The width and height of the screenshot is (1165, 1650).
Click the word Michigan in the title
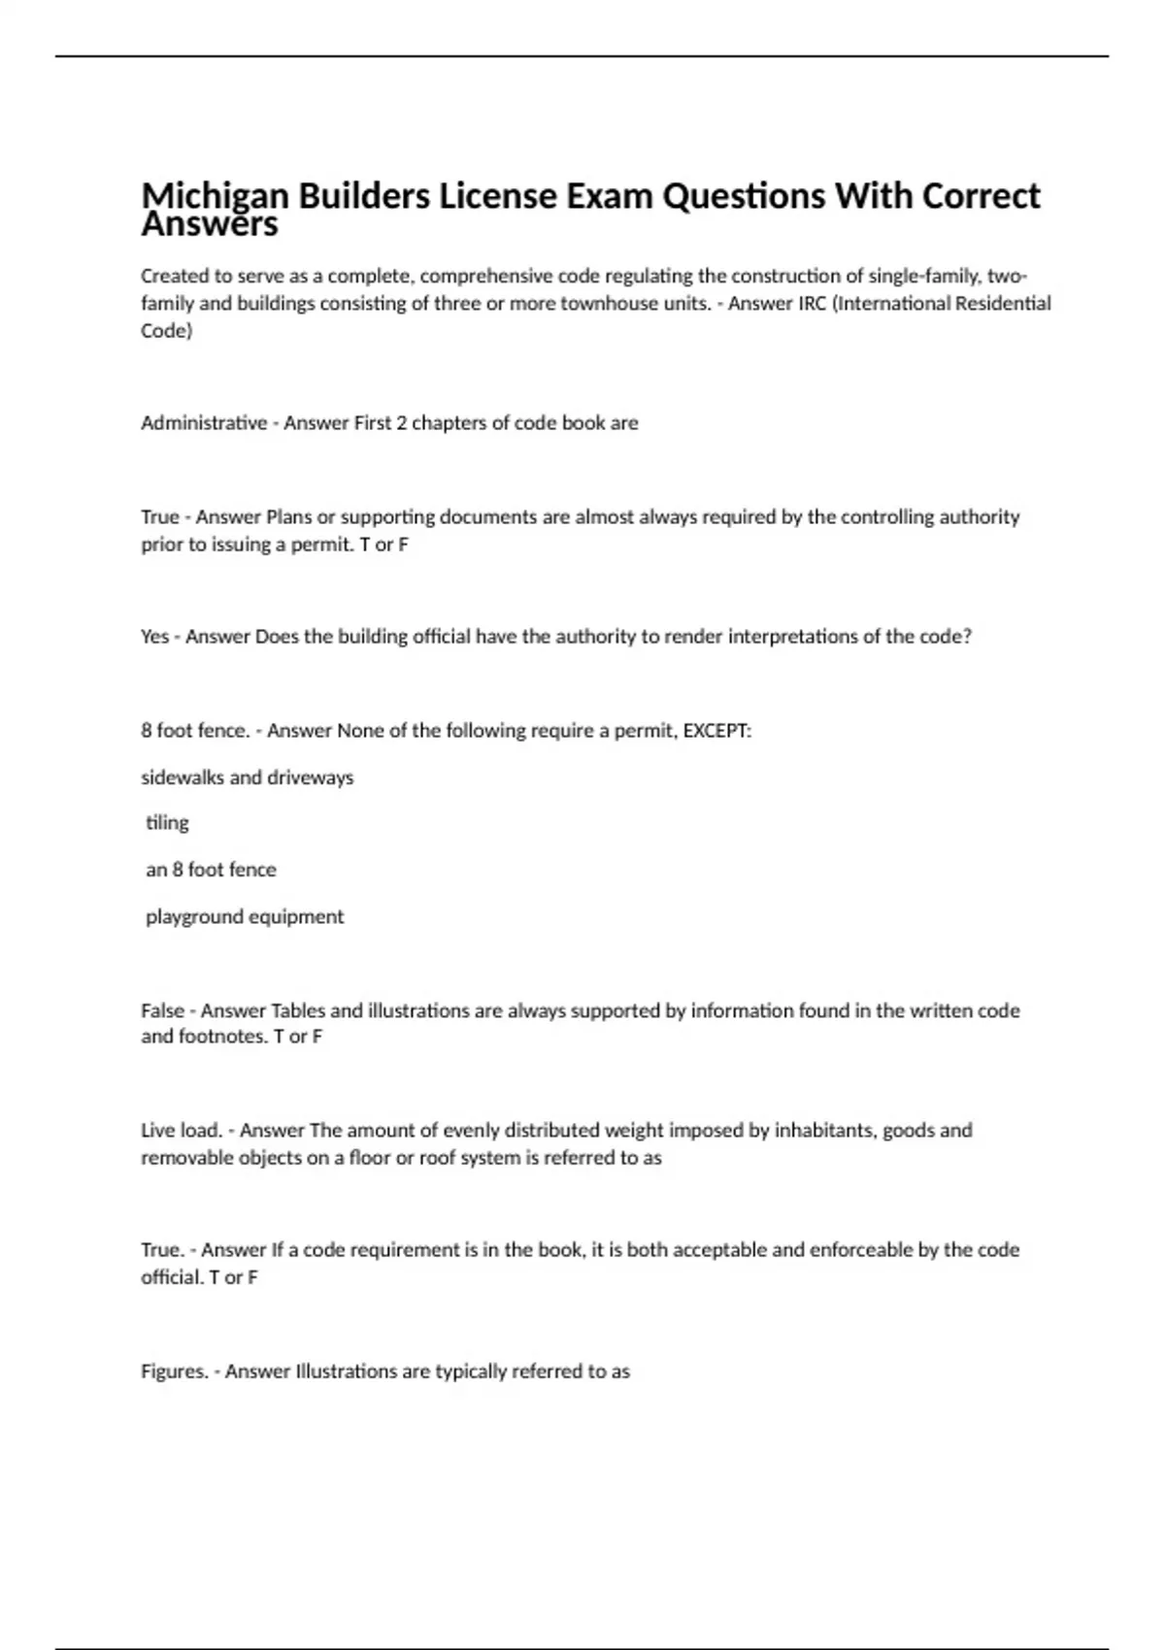[216, 197]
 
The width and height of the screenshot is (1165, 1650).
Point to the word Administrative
[204, 423]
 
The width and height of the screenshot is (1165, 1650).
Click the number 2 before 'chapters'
[400, 423]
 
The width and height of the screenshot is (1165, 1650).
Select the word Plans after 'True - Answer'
[288, 517]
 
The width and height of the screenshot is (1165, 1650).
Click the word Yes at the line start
[155, 637]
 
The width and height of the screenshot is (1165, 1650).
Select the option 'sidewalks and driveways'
[248, 777]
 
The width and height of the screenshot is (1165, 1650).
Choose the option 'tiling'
[167, 823]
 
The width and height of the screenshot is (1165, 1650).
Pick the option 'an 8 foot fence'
[211, 870]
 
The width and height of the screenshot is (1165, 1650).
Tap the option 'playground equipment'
[245, 917]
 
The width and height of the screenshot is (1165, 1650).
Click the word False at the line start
[162, 1011]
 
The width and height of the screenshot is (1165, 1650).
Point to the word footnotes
[219, 1037]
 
